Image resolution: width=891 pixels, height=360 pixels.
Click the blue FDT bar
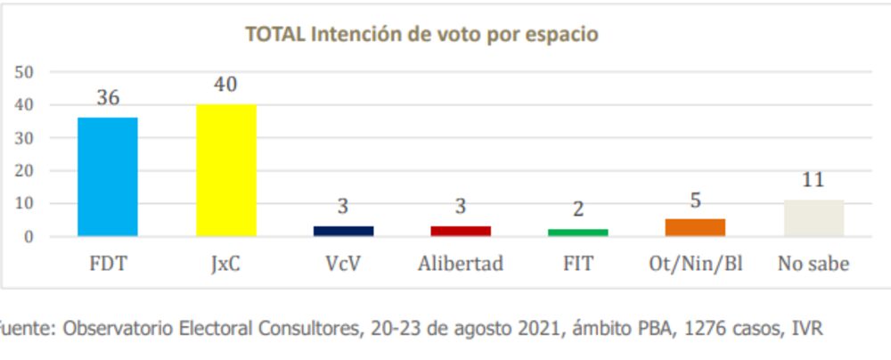[x=108, y=176]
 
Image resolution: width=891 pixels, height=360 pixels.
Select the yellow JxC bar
[x=225, y=170]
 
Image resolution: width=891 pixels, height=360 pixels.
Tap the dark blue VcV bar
[x=343, y=231]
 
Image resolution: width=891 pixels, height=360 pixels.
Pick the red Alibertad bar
[x=461, y=231]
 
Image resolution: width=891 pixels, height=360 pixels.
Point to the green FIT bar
[x=577, y=233]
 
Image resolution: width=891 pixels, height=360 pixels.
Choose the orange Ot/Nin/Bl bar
[x=695, y=227]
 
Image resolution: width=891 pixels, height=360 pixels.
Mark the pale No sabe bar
[x=813, y=217]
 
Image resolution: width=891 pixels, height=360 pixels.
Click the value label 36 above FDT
[x=108, y=97]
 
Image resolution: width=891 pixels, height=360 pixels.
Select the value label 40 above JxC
[x=225, y=85]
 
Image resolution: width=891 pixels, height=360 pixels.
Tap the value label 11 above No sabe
[x=813, y=180]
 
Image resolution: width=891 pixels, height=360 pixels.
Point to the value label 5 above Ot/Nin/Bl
[x=695, y=200]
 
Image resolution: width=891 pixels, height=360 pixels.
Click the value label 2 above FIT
[x=577, y=209]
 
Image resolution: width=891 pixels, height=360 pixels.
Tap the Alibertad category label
[x=461, y=264]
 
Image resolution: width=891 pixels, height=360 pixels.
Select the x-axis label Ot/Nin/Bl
[x=695, y=264]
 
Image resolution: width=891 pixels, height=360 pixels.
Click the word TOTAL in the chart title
[x=275, y=35]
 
